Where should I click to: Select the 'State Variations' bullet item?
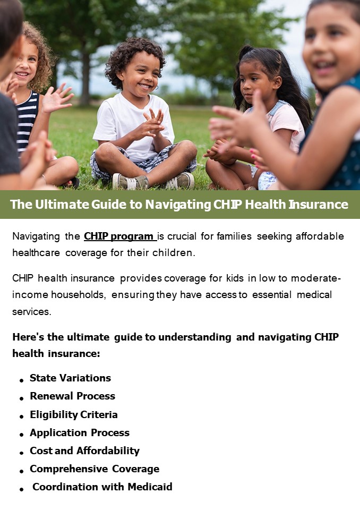point(70,378)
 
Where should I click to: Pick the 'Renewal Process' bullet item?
point(72,396)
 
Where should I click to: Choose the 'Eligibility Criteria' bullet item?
point(74,414)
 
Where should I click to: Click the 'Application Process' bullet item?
point(80,432)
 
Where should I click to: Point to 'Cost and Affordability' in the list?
point(84,450)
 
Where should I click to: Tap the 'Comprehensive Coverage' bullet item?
point(95,469)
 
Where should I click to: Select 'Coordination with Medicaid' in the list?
point(102,487)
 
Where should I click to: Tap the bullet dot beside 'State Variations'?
point(21,380)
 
